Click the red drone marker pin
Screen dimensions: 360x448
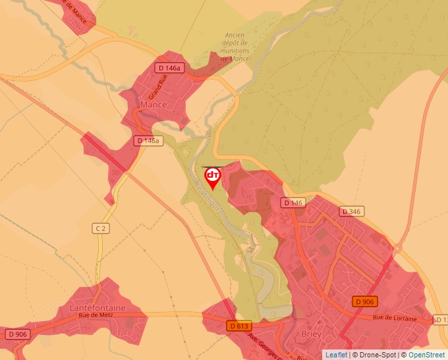[x=213, y=177]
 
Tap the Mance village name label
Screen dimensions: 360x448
[x=154, y=105]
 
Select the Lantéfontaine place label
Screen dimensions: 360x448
[x=98, y=307]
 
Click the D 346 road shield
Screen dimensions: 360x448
[x=352, y=211]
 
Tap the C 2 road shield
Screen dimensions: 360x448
[x=100, y=228]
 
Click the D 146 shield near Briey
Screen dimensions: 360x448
[x=293, y=203]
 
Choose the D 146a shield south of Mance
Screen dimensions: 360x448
[x=148, y=141]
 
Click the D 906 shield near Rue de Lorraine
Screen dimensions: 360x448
[x=364, y=301]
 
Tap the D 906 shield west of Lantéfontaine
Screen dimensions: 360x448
[x=17, y=334]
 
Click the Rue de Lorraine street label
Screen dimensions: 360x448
[x=395, y=319]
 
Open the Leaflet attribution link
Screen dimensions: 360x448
[x=336, y=355]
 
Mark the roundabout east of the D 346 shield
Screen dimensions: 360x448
[x=398, y=248]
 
